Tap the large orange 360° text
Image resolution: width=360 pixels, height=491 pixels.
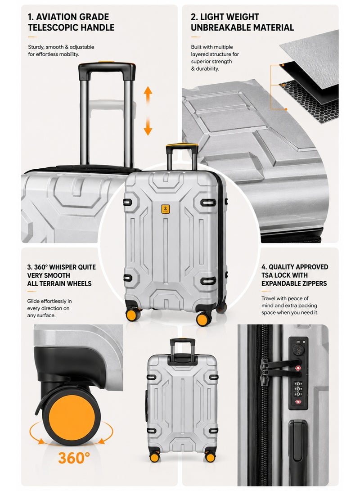[74, 458]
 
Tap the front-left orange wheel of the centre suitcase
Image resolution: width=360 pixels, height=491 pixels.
[133, 314]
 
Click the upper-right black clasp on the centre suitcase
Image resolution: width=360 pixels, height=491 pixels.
[208, 203]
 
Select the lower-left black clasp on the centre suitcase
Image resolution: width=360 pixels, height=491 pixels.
[128, 277]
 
